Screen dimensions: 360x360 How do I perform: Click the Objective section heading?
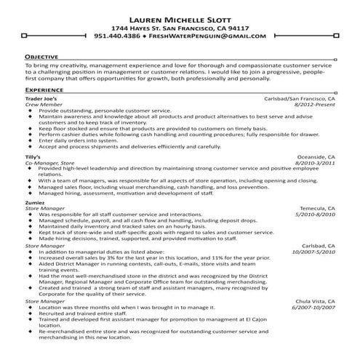(42, 56)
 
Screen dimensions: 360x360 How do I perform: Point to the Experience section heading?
(45, 89)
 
